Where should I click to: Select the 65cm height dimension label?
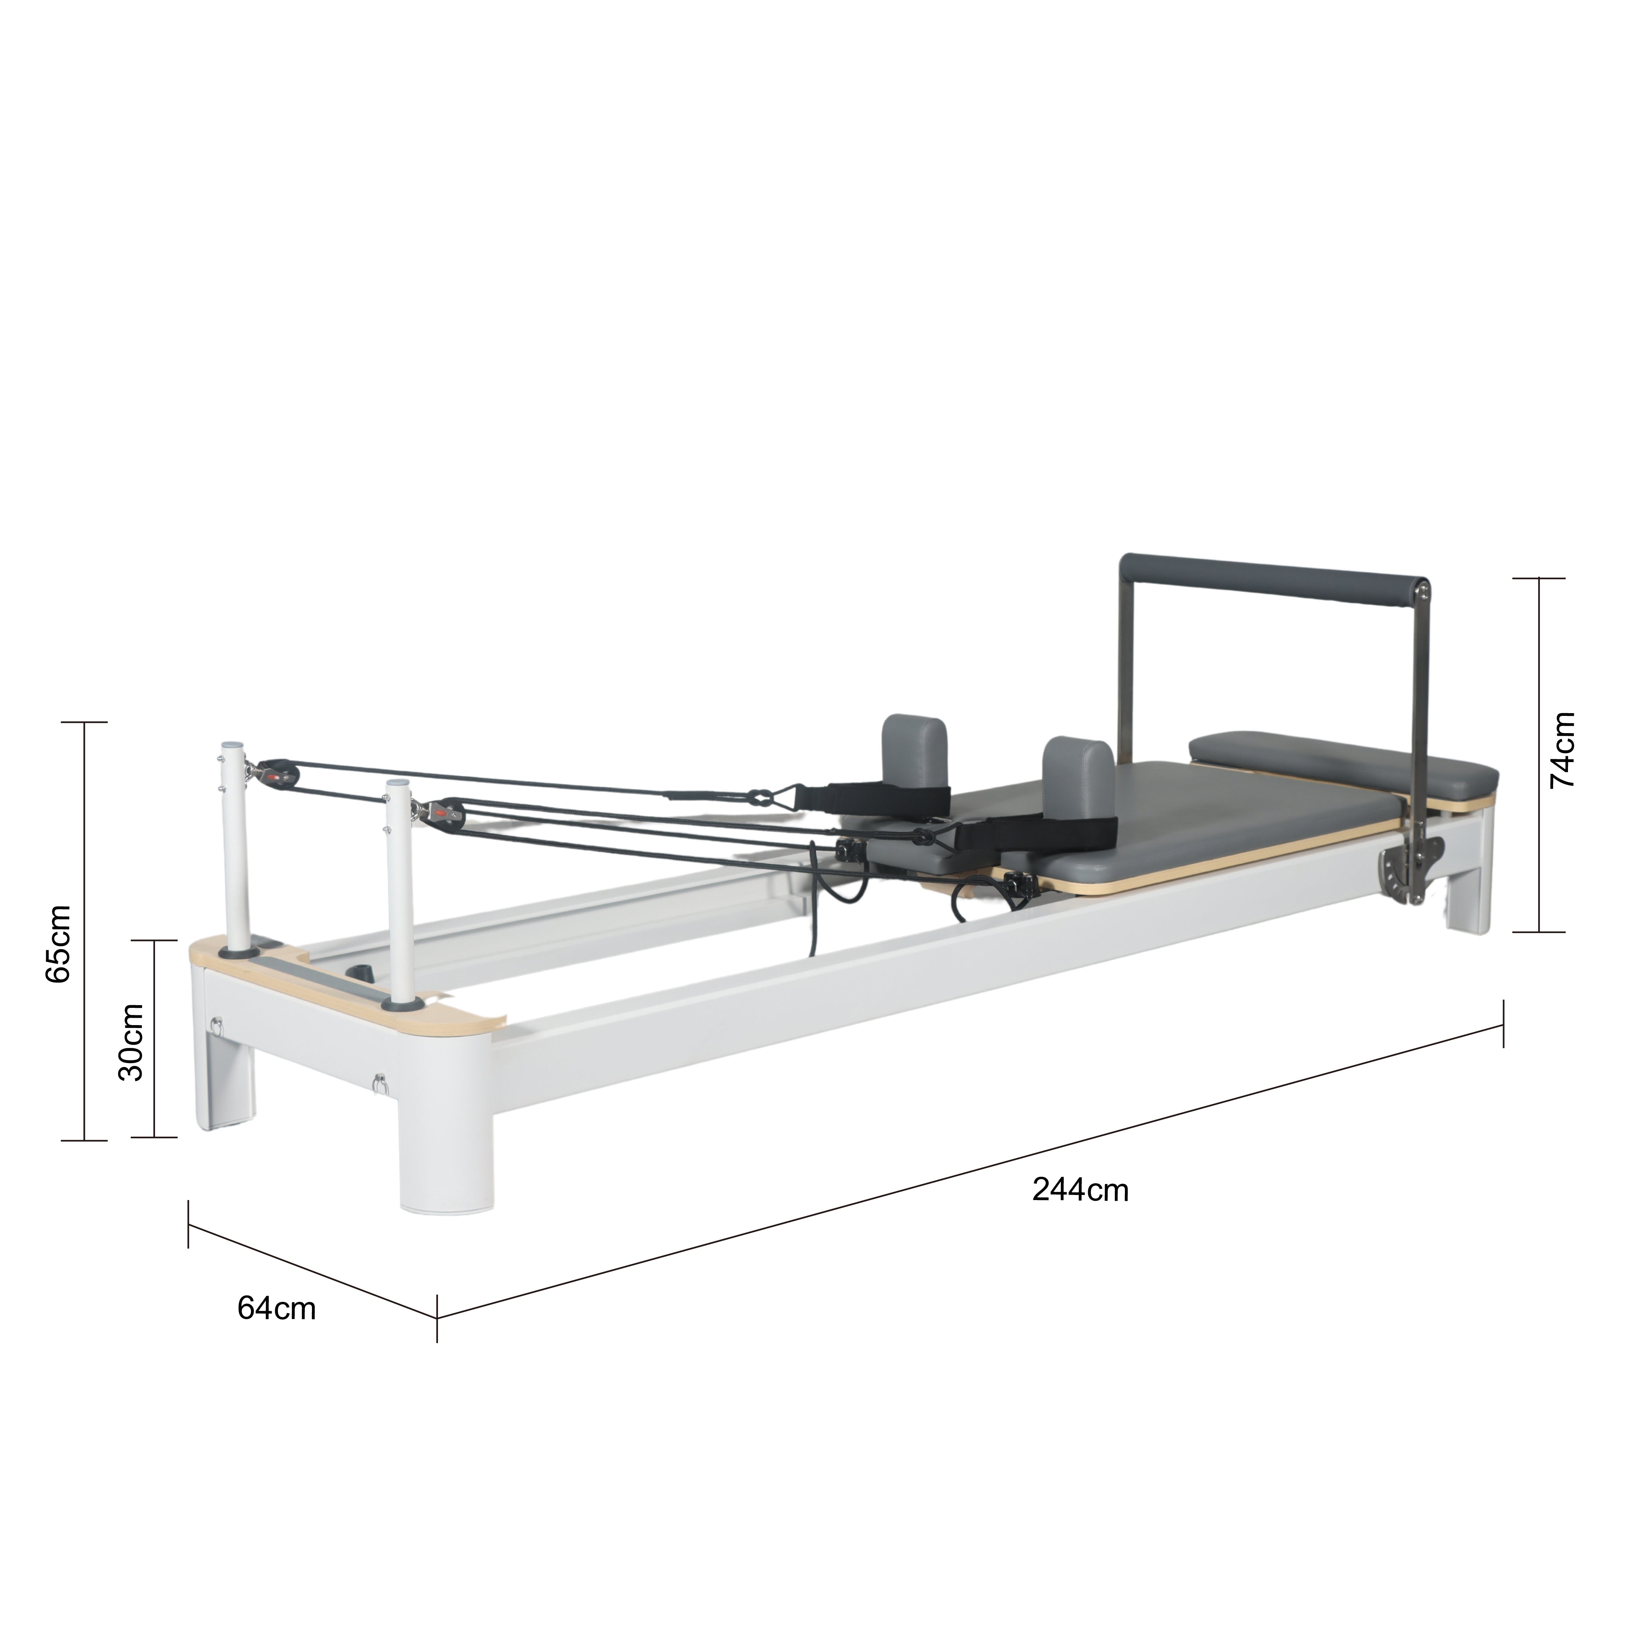(x=58, y=943)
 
